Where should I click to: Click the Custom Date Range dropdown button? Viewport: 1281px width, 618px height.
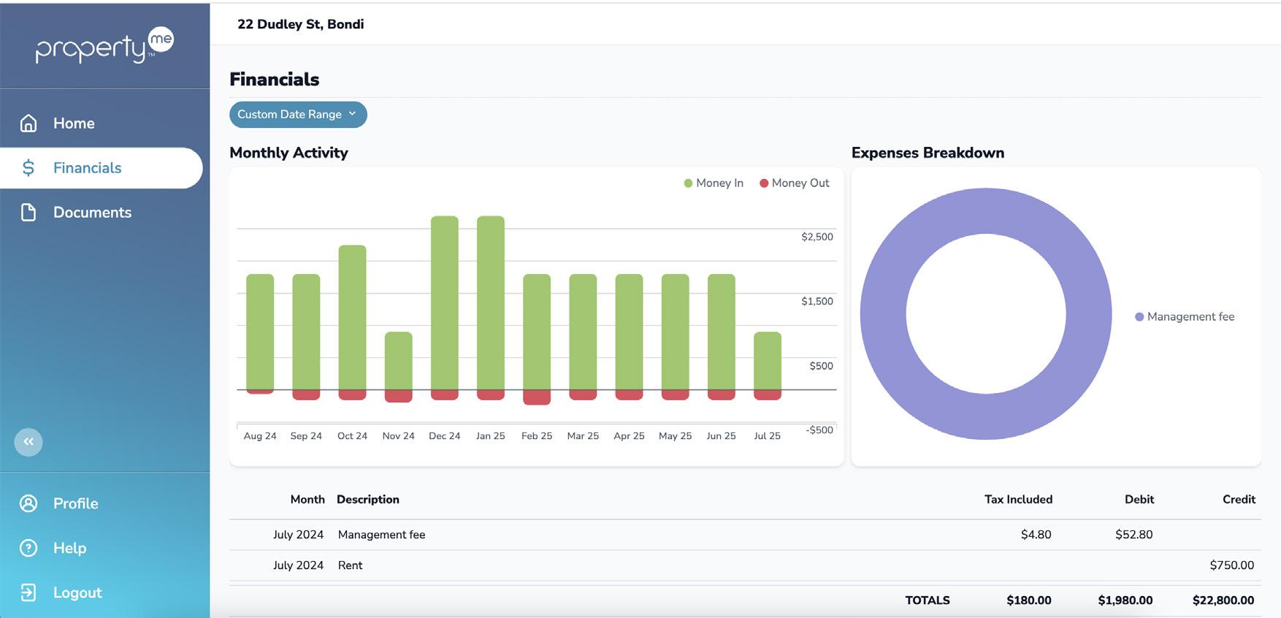pyautogui.click(x=298, y=115)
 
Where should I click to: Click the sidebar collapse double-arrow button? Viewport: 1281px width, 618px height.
pyautogui.click(x=28, y=442)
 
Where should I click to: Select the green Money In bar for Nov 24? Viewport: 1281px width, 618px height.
pyautogui.click(x=399, y=361)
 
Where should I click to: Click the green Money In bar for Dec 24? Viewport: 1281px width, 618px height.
pyautogui.click(x=445, y=303)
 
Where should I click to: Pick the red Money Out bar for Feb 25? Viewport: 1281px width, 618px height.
pyautogui.click(x=537, y=397)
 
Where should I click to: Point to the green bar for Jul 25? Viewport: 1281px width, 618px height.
pyautogui.click(x=768, y=361)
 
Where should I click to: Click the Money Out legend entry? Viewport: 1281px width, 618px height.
pyautogui.click(x=795, y=183)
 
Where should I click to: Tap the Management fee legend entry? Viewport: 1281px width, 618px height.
pyautogui.click(x=1185, y=317)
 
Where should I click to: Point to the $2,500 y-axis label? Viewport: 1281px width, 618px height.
pyautogui.click(x=817, y=237)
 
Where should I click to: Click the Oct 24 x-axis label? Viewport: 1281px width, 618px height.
pyautogui.click(x=352, y=436)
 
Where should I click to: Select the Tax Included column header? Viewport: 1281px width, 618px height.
pyautogui.click(x=1018, y=500)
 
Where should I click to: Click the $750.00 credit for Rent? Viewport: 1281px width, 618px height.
pyautogui.click(x=1232, y=565)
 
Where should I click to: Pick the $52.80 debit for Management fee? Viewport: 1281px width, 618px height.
pyautogui.click(x=1134, y=535)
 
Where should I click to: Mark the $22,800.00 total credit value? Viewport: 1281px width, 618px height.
pyautogui.click(x=1223, y=600)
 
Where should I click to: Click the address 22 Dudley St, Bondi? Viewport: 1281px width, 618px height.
pyautogui.click(x=301, y=24)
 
